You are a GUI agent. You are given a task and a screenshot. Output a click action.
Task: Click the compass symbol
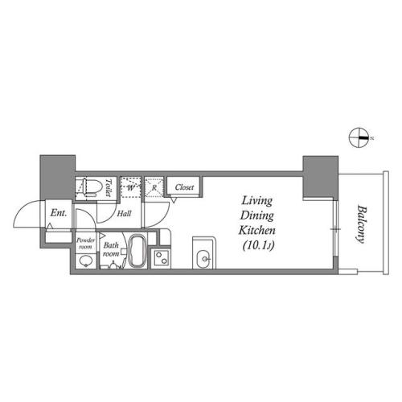point(359,137)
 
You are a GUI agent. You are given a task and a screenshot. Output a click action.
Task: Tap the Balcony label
point(361,224)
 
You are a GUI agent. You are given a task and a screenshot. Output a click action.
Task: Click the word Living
point(256,201)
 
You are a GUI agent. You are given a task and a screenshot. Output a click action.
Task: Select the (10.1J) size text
point(258,245)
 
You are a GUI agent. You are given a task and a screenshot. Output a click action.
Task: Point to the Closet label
point(184,187)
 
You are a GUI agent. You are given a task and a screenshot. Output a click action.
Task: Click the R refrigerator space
point(154,187)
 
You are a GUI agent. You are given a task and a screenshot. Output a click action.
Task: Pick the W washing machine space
point(130,187)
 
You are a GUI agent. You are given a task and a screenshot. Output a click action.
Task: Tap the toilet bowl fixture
point(90,187)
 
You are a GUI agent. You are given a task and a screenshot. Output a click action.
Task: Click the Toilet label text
point(109,187)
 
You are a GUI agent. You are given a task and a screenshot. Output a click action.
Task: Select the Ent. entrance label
point(59,213)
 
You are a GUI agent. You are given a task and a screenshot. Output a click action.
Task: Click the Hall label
point(124,214)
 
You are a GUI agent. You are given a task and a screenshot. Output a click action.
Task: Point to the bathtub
point(137,251)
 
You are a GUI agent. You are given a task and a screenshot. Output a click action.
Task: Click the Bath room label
point(111,249)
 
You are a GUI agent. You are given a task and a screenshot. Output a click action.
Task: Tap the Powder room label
point(85,243)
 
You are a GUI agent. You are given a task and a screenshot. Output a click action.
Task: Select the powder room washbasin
point(85,260)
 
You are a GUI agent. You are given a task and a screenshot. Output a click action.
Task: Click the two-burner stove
point(161,258)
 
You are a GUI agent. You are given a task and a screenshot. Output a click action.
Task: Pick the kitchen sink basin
point(204,259)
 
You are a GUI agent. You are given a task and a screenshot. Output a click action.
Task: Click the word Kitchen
point(256,230)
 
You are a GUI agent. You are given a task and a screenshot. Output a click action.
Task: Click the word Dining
point(256,215)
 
